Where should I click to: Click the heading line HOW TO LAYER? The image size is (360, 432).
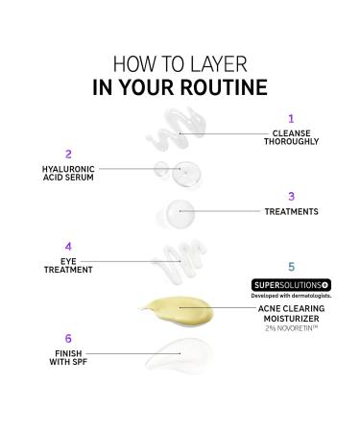180,64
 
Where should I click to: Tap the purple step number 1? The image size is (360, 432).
291,119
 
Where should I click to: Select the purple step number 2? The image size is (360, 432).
68,154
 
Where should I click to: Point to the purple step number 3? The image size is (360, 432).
291,196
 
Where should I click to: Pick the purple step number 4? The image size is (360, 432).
68,246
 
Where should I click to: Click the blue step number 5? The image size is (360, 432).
291,265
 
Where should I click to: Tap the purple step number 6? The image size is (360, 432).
68,339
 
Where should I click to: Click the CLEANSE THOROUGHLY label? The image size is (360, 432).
291,137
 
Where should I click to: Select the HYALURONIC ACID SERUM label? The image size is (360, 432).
68,173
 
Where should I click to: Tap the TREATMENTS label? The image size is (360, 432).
291,211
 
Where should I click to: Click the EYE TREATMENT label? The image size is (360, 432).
68,265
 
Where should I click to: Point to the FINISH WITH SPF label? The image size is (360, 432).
68,358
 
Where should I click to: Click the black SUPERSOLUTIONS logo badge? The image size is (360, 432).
291,285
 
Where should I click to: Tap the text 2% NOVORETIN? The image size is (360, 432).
291,329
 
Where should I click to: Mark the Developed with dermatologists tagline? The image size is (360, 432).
291,296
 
